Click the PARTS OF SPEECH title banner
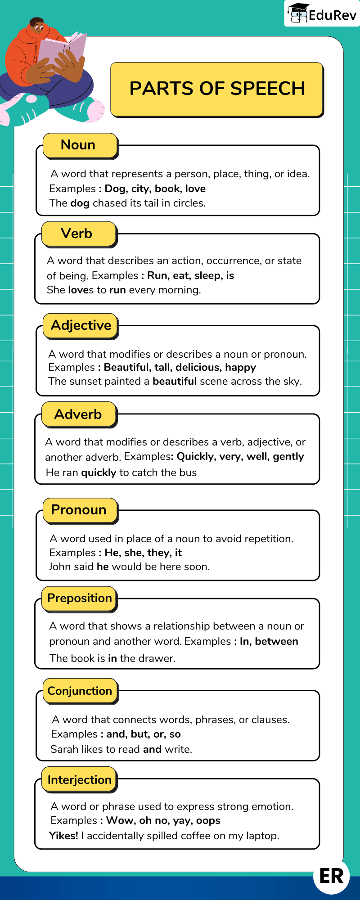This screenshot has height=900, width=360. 217,89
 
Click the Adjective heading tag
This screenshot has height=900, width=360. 81,325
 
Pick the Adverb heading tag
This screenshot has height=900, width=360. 79,414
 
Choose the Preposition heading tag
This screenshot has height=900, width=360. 79,598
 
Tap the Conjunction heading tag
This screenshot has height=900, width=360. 80,691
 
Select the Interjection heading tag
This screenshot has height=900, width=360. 79,780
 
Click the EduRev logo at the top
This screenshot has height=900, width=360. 322,14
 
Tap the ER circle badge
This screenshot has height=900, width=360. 331,876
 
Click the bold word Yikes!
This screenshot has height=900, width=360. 63,836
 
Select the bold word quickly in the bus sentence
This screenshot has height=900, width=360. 99,472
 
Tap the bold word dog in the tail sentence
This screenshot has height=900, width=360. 80,203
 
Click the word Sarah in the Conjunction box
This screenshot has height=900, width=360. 63,749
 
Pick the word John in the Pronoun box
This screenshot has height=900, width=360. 60,567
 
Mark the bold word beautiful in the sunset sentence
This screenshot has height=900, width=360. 175,381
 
